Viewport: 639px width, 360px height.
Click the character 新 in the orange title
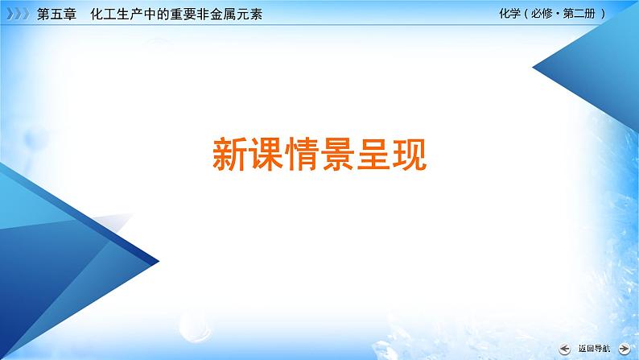pyautogui.click(x=230, y=153)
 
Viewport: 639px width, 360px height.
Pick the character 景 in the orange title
pyautogui.click(x=347, y=153)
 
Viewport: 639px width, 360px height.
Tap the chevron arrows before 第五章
pyautogui.click(x=16, y=14)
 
